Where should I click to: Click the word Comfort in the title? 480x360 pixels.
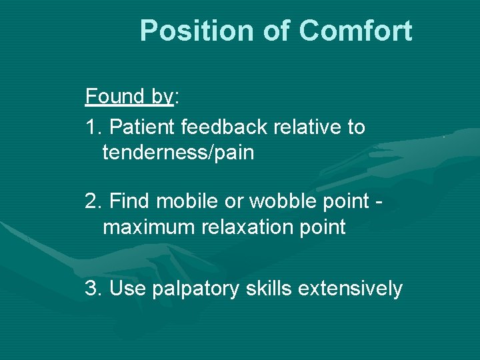[355, 31]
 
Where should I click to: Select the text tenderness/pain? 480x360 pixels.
[178, 153]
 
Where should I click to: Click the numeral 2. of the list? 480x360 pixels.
[92, 200]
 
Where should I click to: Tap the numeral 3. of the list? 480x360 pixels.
[92, 288]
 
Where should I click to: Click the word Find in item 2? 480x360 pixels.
[129, 200]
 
